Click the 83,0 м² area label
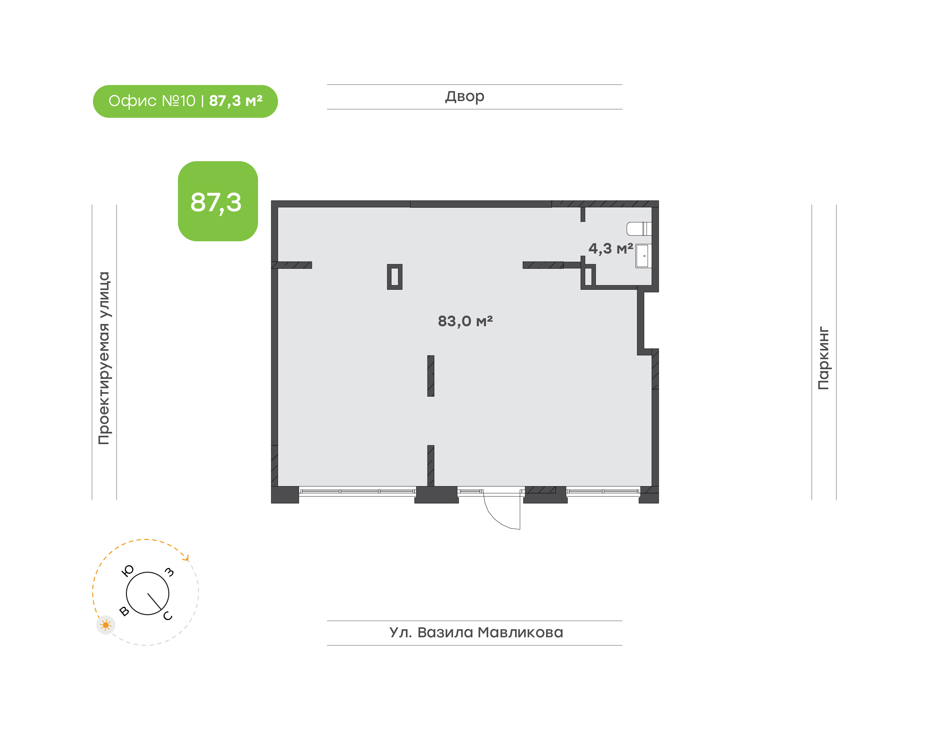pyautogui.click(x=465, y=321)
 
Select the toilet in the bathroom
pyautogui.click(x=639, y=229)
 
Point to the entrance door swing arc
pyautogui.click(x=496, y=517)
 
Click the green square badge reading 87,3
pyautogui.click(x=218, y=201)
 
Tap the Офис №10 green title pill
pyautogui.click(x=185, y=101)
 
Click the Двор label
pyautogui.click(x=465, y=97)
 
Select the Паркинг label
pyautogui.click(x=823, y=358)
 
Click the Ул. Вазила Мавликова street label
pyautogui.click(x=476, y=632)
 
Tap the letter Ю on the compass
pyautogui.click(x=128, y=570)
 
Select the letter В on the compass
pyautogui.click(x=124, y=611)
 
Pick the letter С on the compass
pyautogui.click(x=168, y=615)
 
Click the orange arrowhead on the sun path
pyautogui.click(x=186, y=557)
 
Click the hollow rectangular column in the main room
pyautogui.click(x=394, y=277)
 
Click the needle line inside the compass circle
pyautogui.click(x=154, y=602)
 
